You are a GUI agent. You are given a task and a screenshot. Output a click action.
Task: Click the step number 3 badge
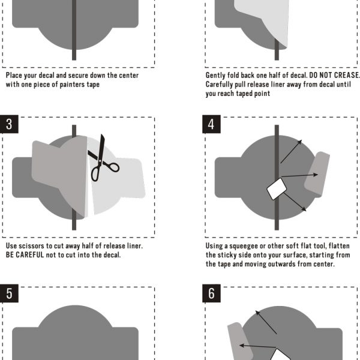pos(9,124)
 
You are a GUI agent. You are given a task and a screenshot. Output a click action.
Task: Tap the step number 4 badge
pos(211,124)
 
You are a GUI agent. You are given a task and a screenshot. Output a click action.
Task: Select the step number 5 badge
pos(9,293)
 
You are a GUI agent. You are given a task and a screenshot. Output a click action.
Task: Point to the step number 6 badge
pos(211,293)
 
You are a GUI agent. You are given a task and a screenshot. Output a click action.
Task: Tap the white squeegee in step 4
pos(277,189)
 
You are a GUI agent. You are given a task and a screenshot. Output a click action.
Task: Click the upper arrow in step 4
pos(291,152)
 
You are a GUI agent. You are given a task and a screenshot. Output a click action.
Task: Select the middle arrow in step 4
pos(299,176)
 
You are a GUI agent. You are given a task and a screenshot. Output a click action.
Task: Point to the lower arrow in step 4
pos(295,202)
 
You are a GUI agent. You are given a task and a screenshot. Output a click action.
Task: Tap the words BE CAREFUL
pos(25,255)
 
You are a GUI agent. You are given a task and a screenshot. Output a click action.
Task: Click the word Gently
pos(215,76)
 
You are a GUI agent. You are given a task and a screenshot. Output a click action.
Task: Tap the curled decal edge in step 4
pos(317,174)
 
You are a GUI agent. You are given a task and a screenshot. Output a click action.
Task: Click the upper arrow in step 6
pos(266,322)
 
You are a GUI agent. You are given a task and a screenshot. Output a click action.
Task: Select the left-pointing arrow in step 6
pos(257,346)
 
